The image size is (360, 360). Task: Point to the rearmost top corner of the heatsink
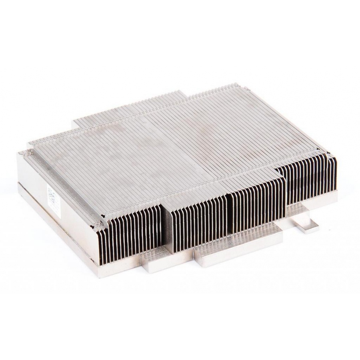tap(234, 84)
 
